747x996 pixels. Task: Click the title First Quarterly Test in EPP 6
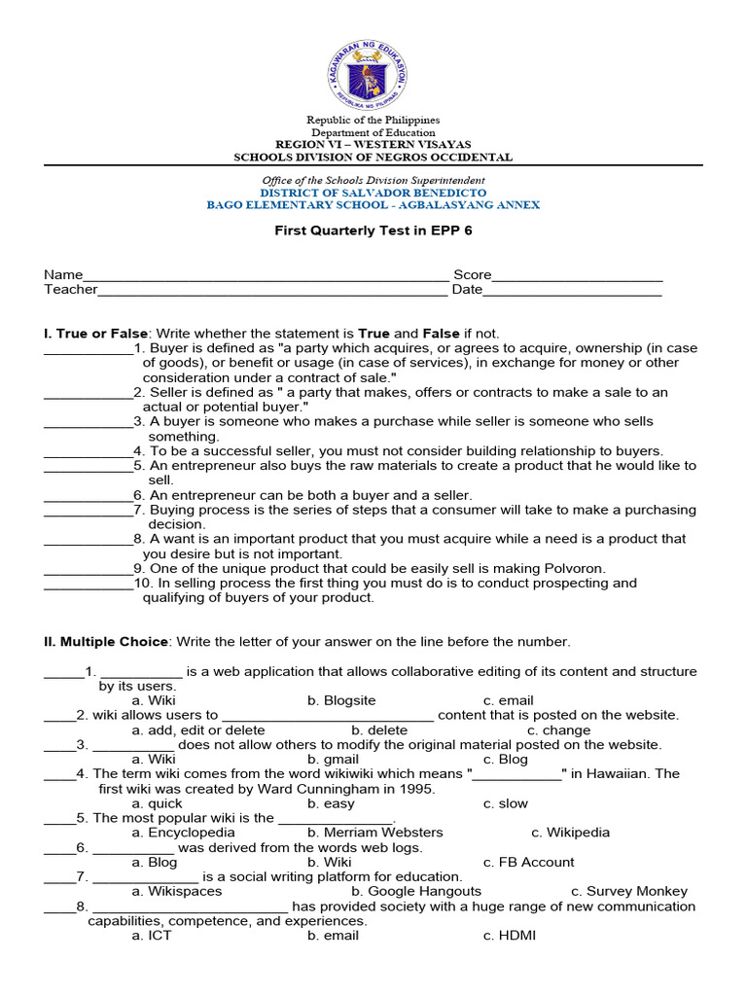(x=373, y=232)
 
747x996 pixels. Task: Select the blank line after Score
(x=577, y=276)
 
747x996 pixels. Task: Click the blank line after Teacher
(x=272, y=290)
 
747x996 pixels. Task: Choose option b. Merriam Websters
(x=374, y=833)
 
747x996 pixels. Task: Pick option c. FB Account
(x=528, y=862)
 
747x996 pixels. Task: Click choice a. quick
(x=158, y=803)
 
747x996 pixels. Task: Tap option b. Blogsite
(x=341, y=700)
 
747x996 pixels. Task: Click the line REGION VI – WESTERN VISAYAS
(x=373, y=144)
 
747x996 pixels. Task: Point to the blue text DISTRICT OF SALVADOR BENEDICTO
(x=373, y=193)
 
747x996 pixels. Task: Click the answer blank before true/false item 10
(x=88, y=584)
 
